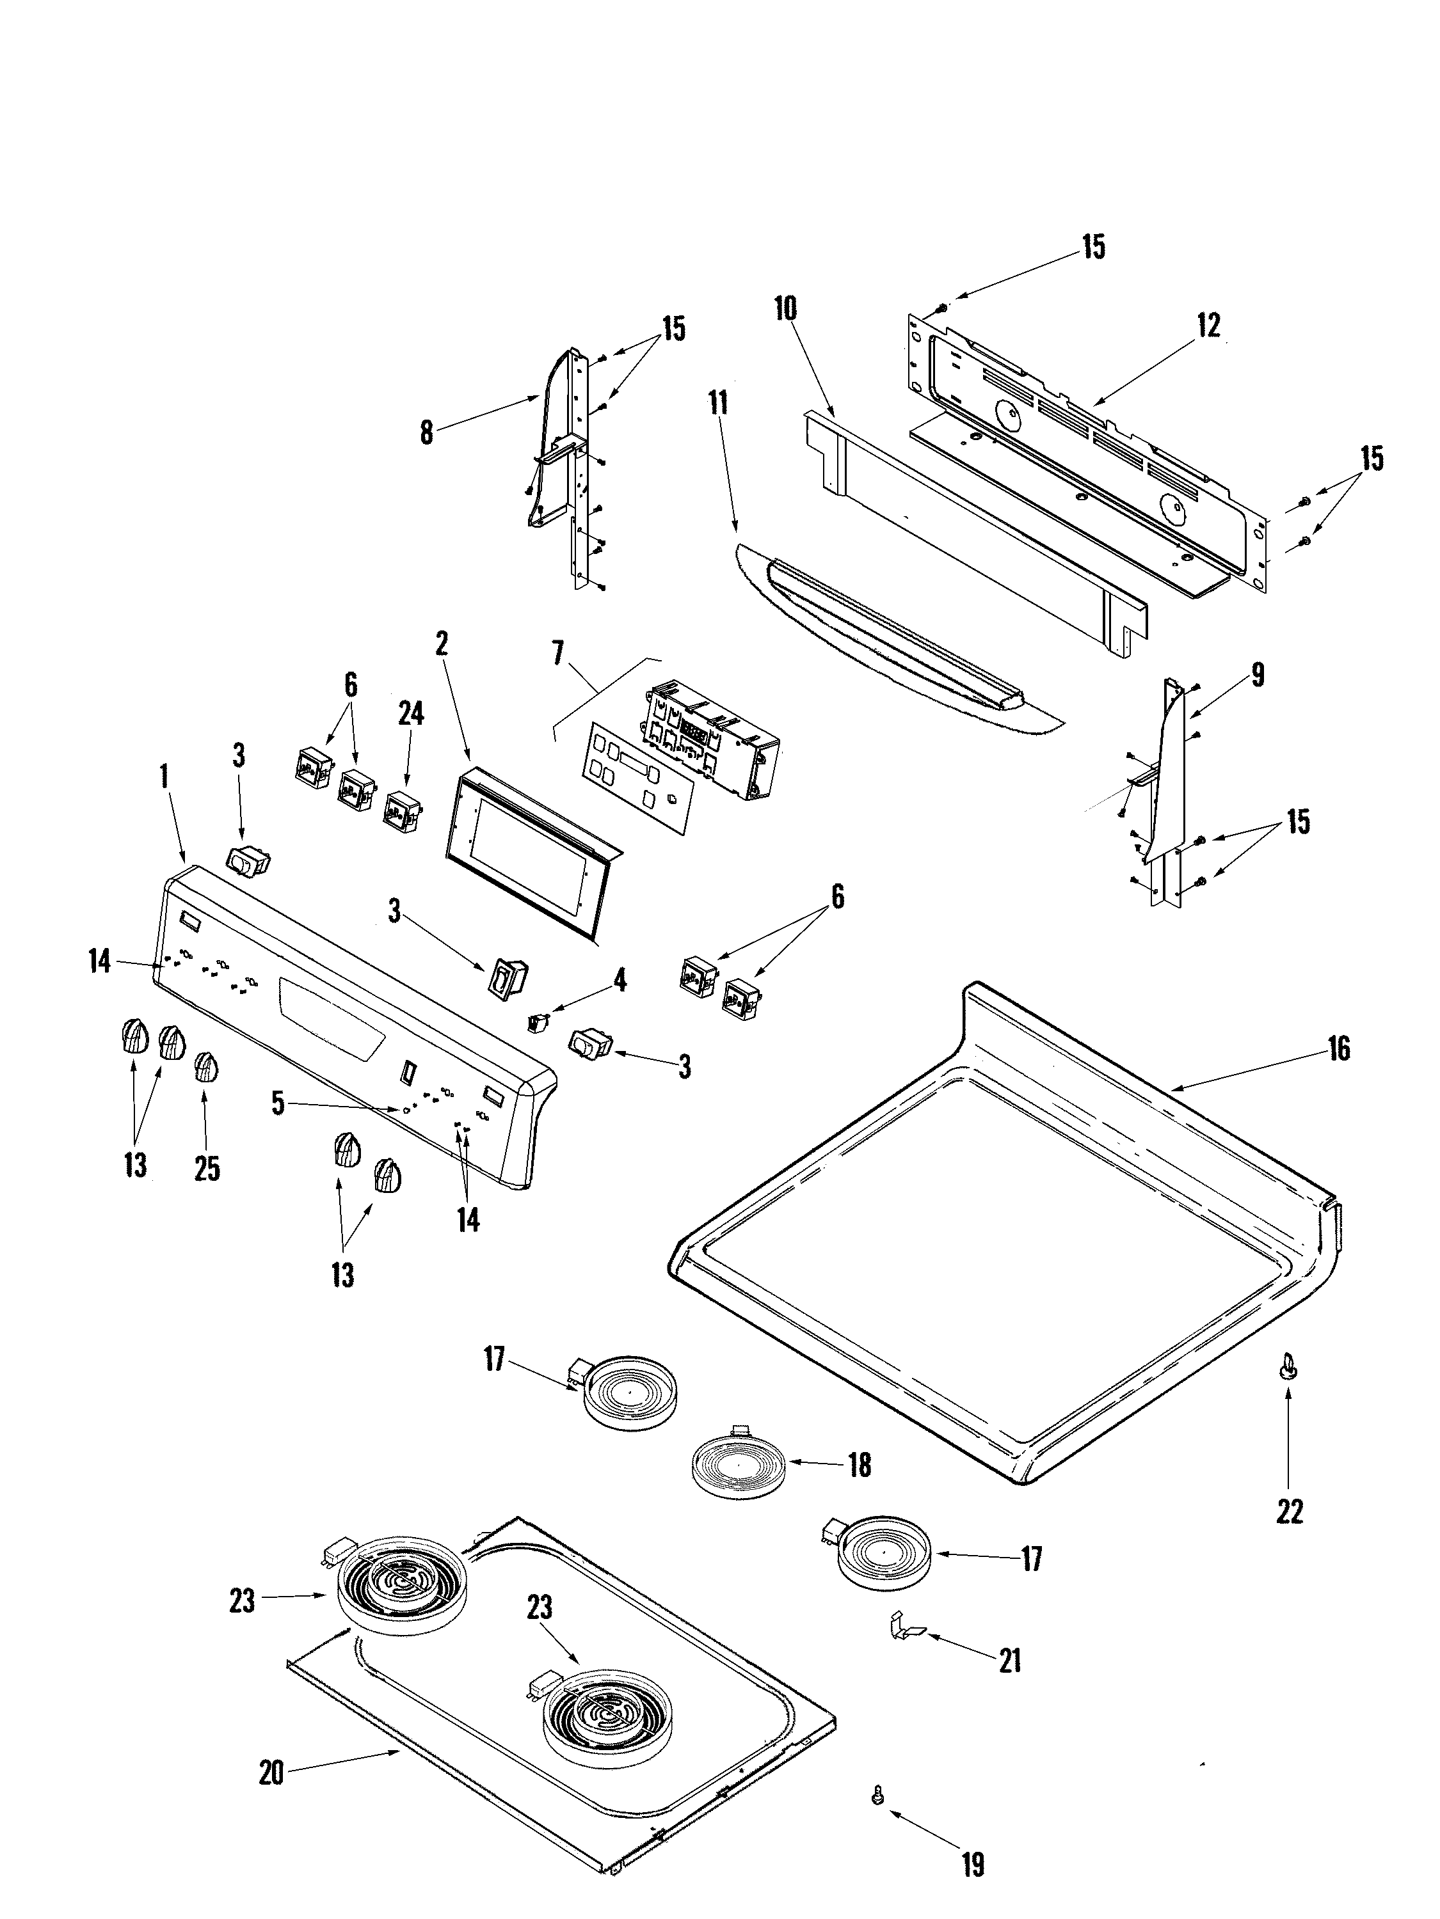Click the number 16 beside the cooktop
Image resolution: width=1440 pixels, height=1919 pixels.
tap(1338, 1049)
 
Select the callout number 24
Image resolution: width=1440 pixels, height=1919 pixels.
tap(411, 713)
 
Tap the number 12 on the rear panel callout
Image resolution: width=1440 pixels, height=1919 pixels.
tap(1208, 326)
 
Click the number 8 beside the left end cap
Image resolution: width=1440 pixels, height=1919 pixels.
tap(426, 433)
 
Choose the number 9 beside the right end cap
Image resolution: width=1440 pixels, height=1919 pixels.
tap(1258, 674)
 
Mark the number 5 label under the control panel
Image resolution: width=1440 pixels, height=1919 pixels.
tap(277, 1104)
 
